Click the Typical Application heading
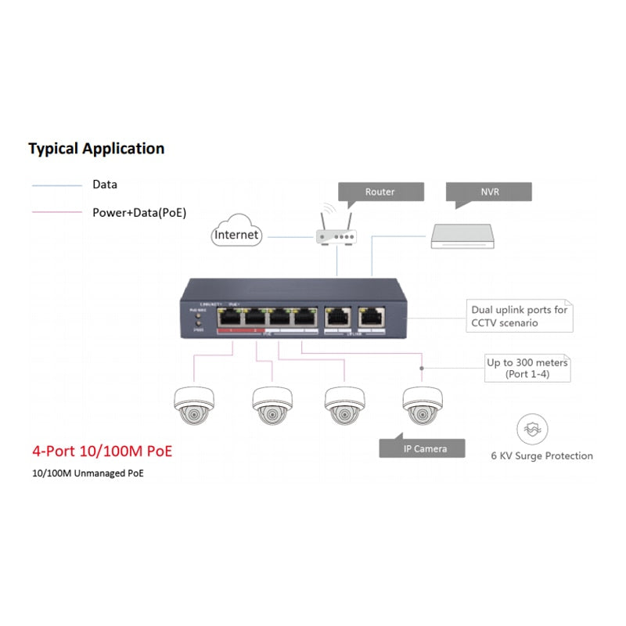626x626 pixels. coord(96,149)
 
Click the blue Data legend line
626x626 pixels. coord(56,186)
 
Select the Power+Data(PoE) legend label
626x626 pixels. coord(139,212)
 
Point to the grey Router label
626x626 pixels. coord(380,192)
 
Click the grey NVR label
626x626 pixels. coord(489,192)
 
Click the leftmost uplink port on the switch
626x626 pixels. coord(336,317)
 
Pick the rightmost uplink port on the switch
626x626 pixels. coord(370,317)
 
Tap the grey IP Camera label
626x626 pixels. coord(423,448)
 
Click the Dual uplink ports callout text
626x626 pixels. coord(520,316)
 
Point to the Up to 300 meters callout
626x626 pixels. coord(527,369)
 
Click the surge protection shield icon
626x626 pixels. coord(532,429)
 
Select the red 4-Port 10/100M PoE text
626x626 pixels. coord(102,452)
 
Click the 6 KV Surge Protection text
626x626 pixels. coord(541,455)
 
